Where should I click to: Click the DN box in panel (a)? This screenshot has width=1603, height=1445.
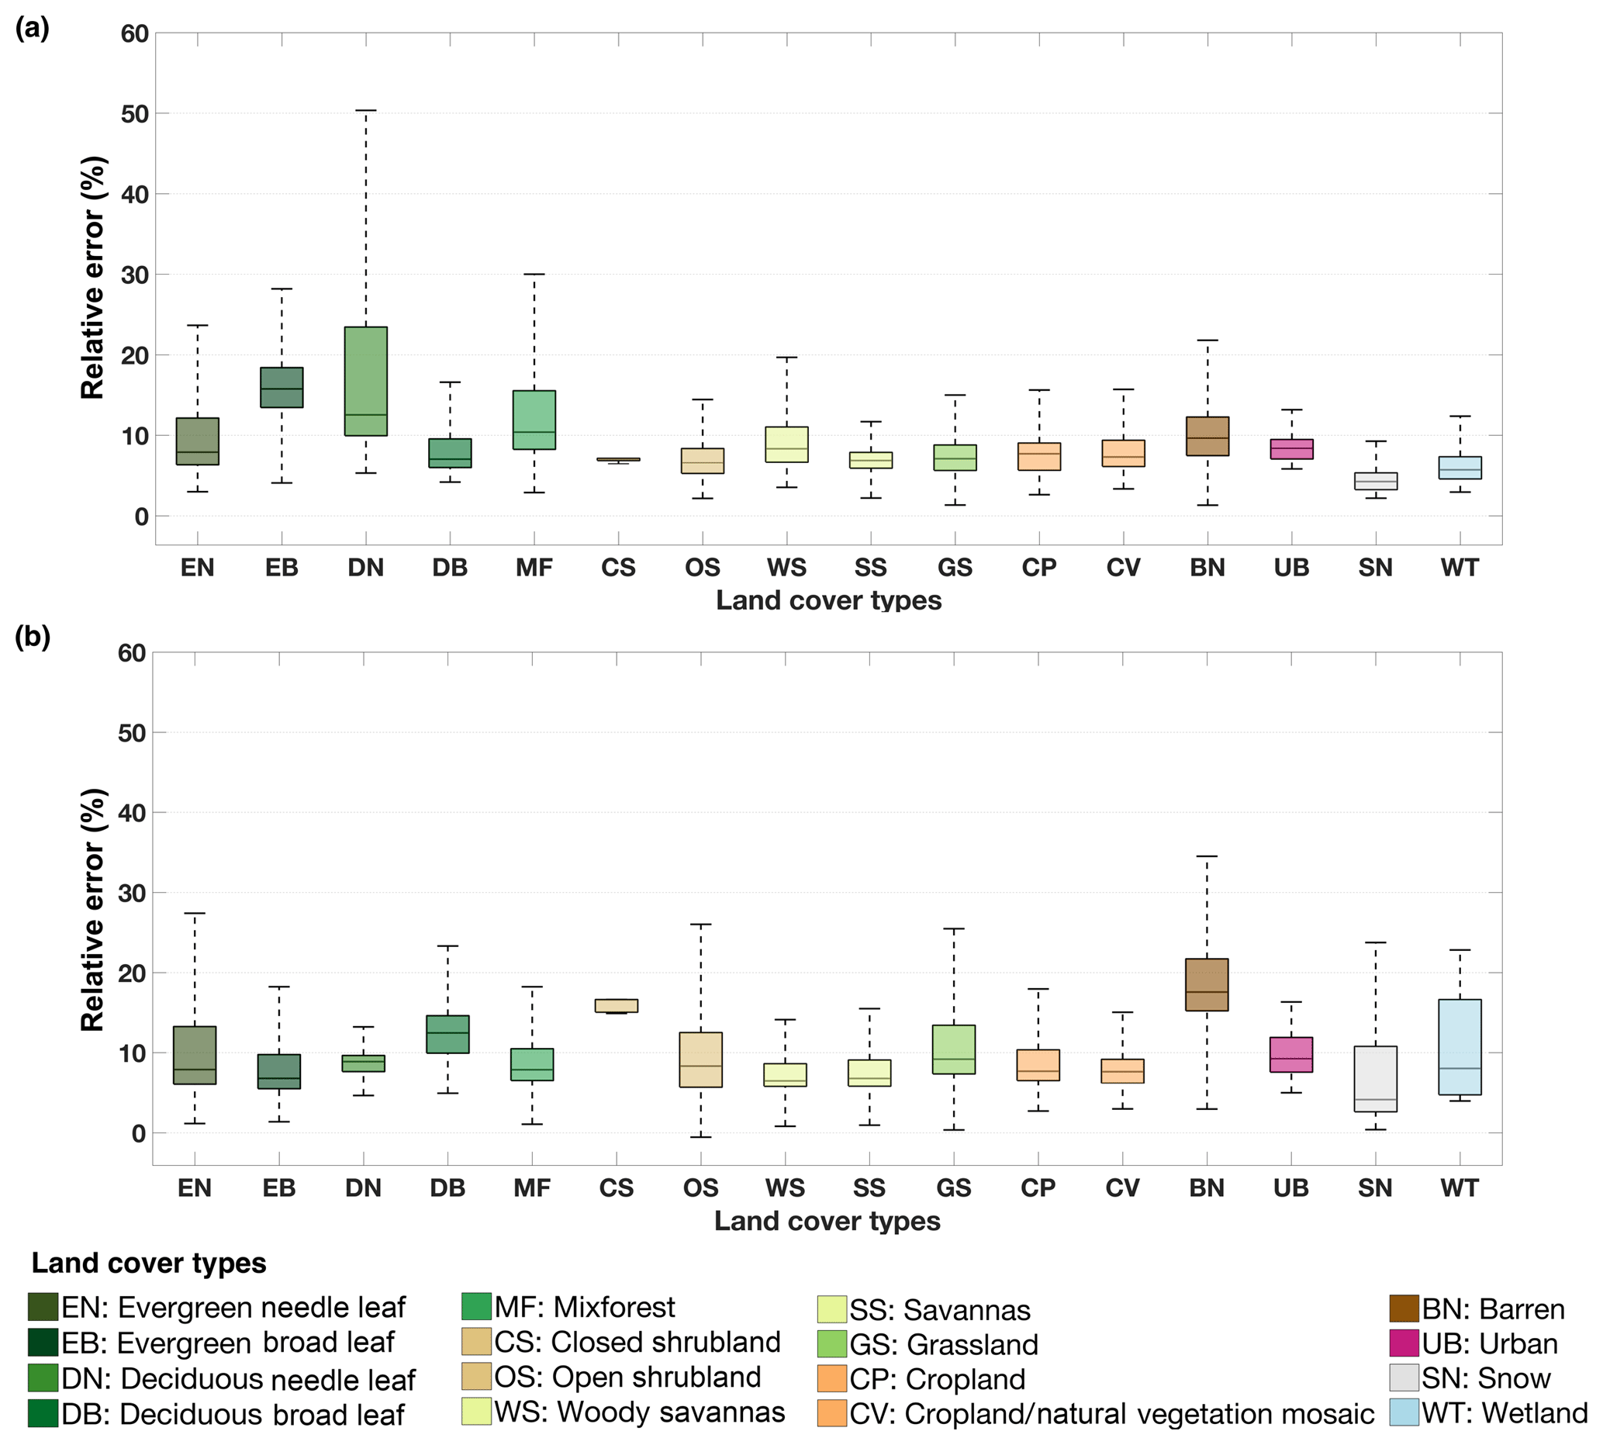pyautogui.click(x=366, y=381)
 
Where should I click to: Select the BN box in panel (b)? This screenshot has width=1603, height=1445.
pyautogui.click(x=1207, y=984)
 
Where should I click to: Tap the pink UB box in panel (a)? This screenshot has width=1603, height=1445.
pyautogui.click(x=1292, y=449)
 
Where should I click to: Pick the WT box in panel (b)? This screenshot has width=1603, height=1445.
pyautogui.click(x=1460, y=1046)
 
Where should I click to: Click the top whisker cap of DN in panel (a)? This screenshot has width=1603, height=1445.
pyautogui.click(x=366, y=111)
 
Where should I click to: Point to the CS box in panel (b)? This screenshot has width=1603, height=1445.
pyautogui.click(x=616, y=1006)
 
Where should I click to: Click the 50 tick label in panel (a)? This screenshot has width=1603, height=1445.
pyautogui.click(x=135, y=114)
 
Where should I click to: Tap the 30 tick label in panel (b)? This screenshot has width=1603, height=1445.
pyautogui.click(x=132, y=894)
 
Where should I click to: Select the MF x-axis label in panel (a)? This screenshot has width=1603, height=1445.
pyautogui.click(x=534, y=568)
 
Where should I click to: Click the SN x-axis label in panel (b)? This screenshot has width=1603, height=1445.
pyautogui.click(x=1375, y=1188)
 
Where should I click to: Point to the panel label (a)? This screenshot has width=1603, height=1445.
pyautogui.click(x=33, y=29)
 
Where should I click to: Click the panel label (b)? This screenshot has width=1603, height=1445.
pyautogui.click(x=33, y=637)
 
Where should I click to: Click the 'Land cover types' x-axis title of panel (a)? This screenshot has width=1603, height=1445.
pyautogui.click(x=828, y=600)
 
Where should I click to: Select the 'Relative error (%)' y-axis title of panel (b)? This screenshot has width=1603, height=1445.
pyautogui.click(x=93, y=910)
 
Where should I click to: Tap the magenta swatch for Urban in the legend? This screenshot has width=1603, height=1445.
pyautogui.click(x=1404, y=1343)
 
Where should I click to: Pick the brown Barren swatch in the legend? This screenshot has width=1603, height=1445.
pyautogui.click(x=1404, y=1308)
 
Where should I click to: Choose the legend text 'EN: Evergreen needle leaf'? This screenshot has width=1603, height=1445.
pyautogui.click(x=233, y=1308)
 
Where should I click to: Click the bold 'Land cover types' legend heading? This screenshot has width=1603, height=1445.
pyautogui.click(x=148, y=1264)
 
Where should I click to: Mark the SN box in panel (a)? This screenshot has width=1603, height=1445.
pyautogui.click(x=1376, y=481)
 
